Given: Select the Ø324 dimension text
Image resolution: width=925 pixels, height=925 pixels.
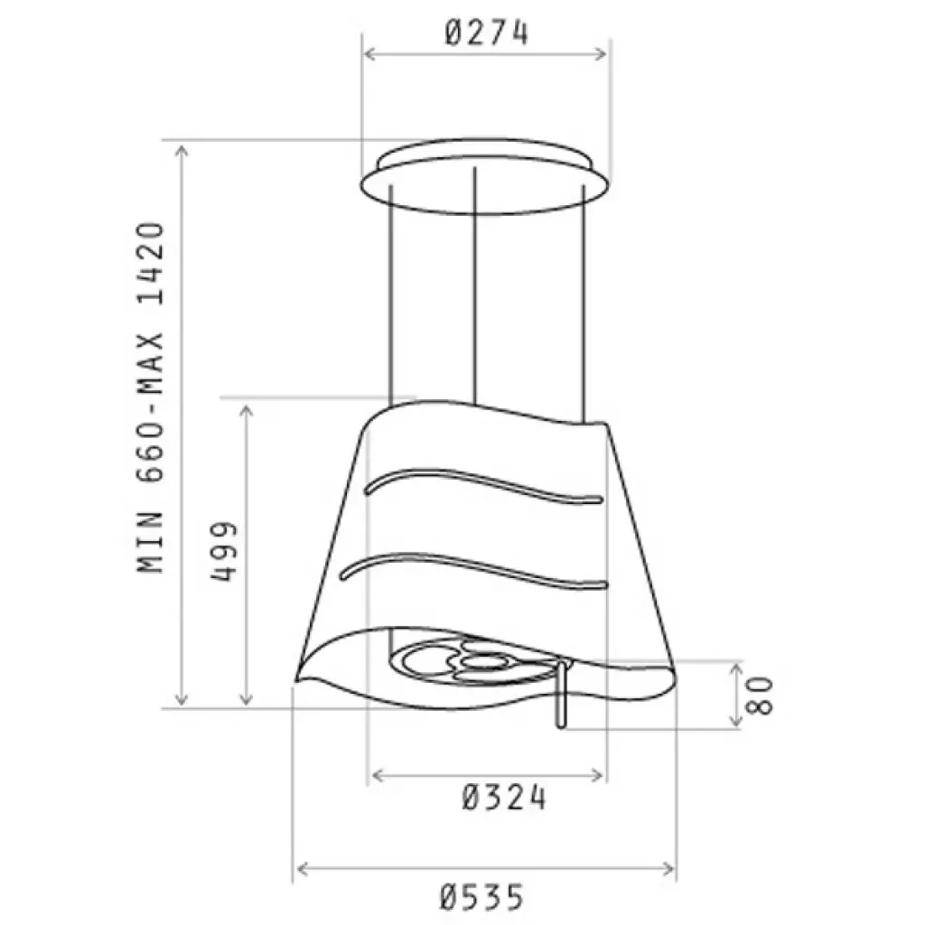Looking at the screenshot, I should coord(503,799).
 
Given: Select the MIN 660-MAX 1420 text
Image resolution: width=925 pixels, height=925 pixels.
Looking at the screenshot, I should coord(152,397).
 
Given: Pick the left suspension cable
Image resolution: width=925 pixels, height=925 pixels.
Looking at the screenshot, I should coord(391,298).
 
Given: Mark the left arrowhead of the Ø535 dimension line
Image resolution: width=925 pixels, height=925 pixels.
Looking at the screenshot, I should coord(300,869).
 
